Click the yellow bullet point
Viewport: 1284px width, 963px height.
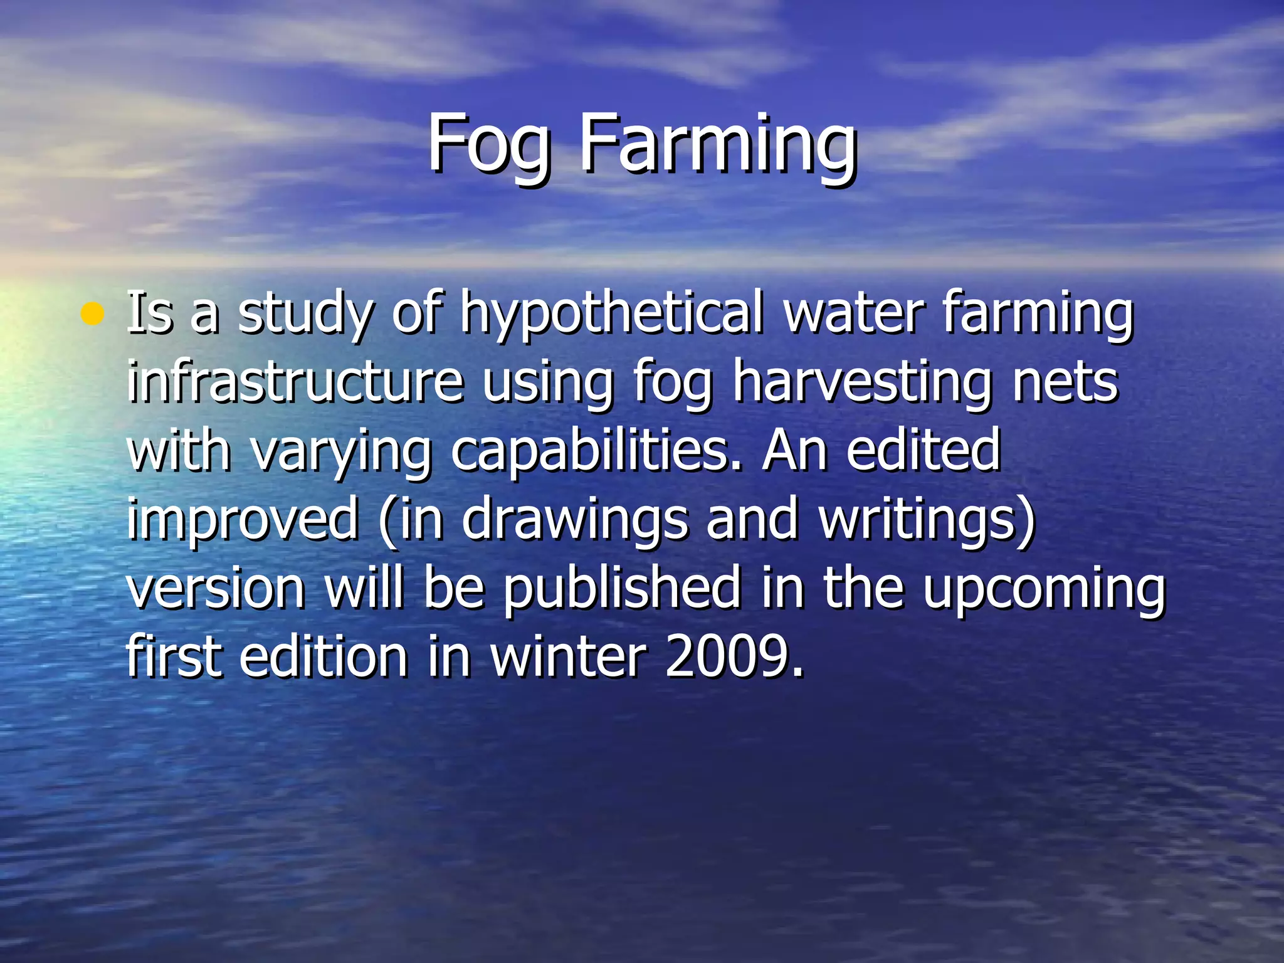(92, 313)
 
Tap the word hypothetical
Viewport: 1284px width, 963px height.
(612, 313)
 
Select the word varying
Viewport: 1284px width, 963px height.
(341, 451)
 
